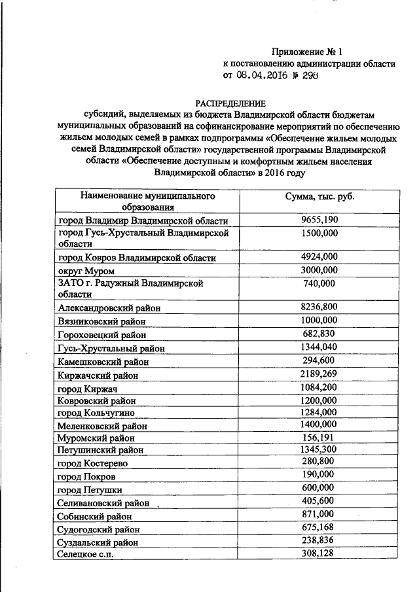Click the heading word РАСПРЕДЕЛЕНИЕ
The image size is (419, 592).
point(231,103)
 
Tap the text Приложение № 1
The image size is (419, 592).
point(307,52)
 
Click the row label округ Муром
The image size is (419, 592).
point(86,270)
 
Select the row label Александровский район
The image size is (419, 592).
point(109,307)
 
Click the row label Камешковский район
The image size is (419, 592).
point(103,361)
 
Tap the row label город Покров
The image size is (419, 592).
point(87,476)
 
